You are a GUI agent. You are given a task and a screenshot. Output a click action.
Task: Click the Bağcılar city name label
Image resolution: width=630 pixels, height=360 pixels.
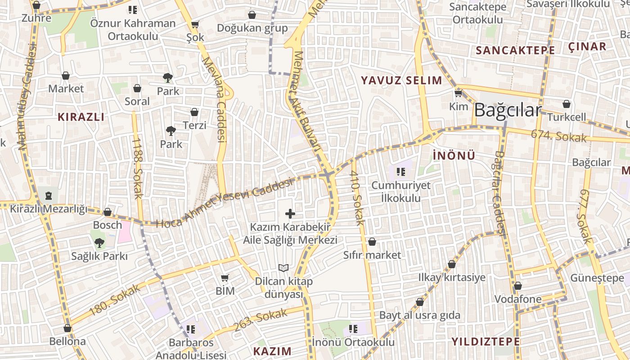point(507,110)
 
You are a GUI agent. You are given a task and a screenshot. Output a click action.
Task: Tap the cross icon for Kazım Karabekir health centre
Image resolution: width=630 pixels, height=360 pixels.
point(290,213)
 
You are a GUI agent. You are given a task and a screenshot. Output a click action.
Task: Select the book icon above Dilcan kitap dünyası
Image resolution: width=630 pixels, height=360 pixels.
point(283,268)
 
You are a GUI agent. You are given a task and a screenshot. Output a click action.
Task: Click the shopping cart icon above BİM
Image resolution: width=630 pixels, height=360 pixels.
point(225,278)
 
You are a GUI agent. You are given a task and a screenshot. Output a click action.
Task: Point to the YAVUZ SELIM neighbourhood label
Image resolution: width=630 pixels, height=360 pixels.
point(401,81)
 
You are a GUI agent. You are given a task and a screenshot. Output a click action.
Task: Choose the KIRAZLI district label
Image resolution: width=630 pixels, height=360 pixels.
point(81,117)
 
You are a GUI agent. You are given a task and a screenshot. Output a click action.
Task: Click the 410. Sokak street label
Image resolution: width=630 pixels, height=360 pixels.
point(356,198)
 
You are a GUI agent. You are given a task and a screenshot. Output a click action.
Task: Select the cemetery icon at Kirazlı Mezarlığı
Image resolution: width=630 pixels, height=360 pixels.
point(48,195)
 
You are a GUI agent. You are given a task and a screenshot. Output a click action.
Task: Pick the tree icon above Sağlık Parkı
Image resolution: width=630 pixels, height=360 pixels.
point(99,243)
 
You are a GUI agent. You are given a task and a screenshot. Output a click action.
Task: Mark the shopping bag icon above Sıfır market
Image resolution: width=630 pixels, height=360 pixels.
point(372,242)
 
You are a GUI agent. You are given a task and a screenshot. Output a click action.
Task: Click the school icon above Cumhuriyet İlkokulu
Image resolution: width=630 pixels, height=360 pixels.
point(401,171)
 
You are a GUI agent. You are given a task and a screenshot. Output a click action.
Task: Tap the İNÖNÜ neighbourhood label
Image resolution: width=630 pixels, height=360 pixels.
point(454,156)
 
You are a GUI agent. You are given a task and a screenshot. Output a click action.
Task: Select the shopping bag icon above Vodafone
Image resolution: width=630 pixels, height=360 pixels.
point(518,286)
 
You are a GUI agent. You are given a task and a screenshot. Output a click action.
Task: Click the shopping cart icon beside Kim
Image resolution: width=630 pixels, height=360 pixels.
point(458,94)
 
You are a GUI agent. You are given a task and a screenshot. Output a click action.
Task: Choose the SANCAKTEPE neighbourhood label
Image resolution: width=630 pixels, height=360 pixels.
point(515,50)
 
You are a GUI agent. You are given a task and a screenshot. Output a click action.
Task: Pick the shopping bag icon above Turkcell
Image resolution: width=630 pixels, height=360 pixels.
point(567,104)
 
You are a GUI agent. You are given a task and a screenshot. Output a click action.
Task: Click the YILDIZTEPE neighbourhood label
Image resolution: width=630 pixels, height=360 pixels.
point(486,341)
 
